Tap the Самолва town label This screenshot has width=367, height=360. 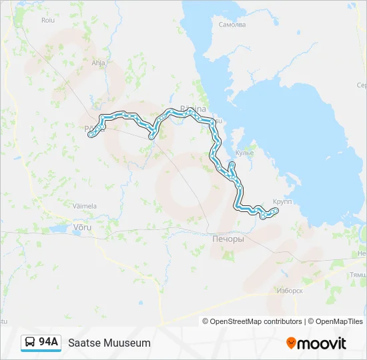pos(232,25)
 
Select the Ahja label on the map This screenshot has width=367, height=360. pos(98,63)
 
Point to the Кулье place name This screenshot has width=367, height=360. pos(245,153)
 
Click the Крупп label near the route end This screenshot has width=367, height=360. pos(282,201)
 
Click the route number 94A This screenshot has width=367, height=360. pos(49,342)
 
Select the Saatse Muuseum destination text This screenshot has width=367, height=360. pos(109,343)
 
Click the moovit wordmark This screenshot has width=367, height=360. pos(322,343)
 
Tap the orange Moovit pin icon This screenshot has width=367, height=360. pos(291,343)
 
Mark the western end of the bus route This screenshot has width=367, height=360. pos(90,135)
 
